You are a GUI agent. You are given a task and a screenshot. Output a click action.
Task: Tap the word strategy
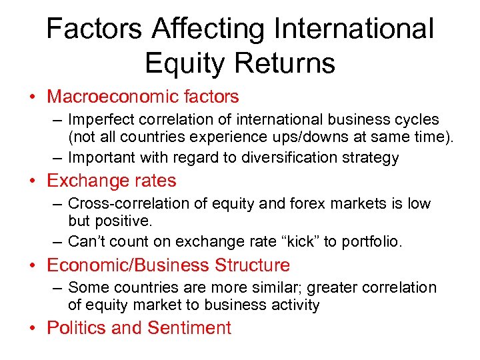pos(369,158)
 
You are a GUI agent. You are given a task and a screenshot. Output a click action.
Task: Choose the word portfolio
pos(372,241)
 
